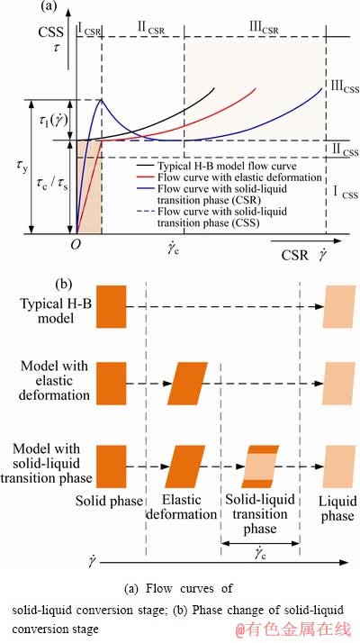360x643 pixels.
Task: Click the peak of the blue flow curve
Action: [102, 99]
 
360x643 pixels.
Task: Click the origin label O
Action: [75, 245]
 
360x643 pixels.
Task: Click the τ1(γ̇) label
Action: [51, 121]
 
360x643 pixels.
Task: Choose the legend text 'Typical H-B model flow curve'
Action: [226, 166]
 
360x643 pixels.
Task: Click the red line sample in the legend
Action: [145, 177]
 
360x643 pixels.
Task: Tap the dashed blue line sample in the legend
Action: [145, 212]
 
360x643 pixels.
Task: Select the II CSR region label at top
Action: [152, 29]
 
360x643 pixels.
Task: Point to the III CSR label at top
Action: [264, 29]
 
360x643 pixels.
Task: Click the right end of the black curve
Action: [214, 87]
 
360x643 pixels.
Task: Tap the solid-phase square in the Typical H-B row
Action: [111, 306]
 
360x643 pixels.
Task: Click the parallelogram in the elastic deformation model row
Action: [187, 384]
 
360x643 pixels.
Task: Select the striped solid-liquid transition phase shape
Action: [260, 466]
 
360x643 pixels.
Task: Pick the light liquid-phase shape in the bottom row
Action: [339, 466]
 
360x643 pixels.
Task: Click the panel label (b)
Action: [65, 285]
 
